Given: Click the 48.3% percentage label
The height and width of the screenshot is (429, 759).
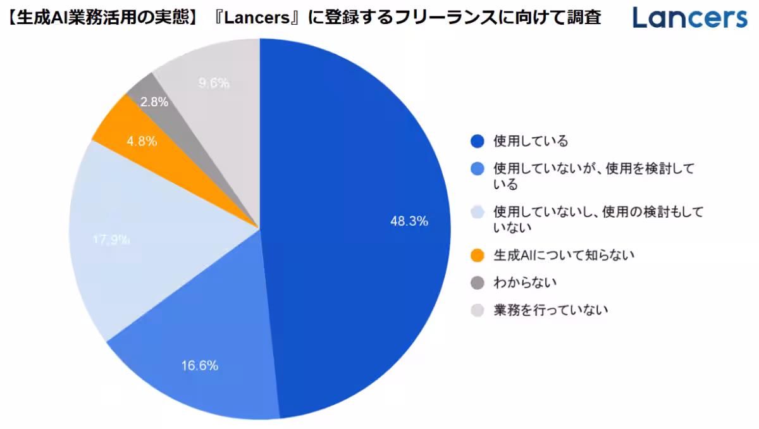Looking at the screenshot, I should tap(409, 221).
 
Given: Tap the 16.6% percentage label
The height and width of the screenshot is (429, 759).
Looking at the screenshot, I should tap(200, 365).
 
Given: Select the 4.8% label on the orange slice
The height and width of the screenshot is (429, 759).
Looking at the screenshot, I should tap(142, 141).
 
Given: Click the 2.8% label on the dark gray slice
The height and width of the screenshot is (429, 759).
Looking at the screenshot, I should tap(154, 102).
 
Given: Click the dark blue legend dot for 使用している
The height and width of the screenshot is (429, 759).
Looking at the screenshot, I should tap(478, 140).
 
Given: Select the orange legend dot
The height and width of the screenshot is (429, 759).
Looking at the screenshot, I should tap(478, 255).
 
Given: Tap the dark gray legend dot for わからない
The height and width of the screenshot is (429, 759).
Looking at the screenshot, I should tap(478, 283).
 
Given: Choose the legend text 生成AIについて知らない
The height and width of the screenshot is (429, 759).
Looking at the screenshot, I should tap(564, 255).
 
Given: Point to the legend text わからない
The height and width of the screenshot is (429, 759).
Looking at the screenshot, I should tap(525, 283).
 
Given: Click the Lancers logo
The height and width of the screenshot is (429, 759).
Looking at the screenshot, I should tap(689, 17).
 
